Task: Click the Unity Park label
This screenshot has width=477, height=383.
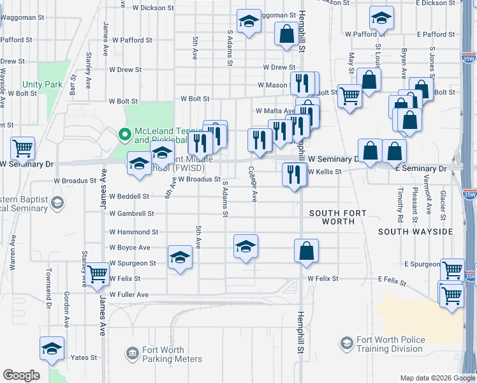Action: tap(42, 84)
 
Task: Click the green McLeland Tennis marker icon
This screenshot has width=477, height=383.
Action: tap(125, 135)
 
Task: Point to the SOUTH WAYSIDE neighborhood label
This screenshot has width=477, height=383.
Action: tap(415, 232)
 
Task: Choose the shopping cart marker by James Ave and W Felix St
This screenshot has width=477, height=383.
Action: tap(97, 274)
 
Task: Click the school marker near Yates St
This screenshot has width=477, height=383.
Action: tap(52, 349)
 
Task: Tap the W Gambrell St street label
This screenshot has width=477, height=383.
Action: tap(132, 214)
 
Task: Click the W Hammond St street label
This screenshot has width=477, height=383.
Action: tap(133, 232)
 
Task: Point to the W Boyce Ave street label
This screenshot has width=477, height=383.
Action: tap(129, 248)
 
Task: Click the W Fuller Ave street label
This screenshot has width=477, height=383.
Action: tap(128, 295)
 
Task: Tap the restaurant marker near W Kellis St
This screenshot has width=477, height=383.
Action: tap(293, 174)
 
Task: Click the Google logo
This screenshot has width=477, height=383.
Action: tap(21, 375)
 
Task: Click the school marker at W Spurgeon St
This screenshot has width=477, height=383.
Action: tap(180, 258)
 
